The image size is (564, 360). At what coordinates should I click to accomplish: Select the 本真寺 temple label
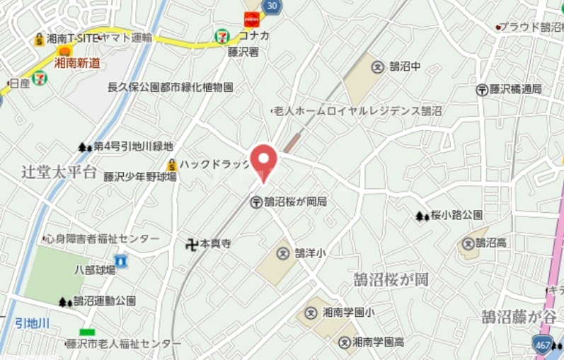pyautogui.click(x=215, y=244)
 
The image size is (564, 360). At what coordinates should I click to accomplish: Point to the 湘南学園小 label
pyautogui.click(x=348, y=312)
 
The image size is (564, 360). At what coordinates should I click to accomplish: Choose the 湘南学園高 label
pyautogui.click(x=378, y=342)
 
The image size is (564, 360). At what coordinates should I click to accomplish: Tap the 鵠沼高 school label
pyautogui.click(x=490, y=243)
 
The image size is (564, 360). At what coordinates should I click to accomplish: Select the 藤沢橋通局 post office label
pyautogui.click(x=515, y=90)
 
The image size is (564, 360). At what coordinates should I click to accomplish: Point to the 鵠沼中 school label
pyautogui.click(x=405, y=66)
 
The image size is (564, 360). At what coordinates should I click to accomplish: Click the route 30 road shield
pyautogui.click(x=273, y=5)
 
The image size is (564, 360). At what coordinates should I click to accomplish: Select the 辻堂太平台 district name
pyautogui.click(x=58, y=172)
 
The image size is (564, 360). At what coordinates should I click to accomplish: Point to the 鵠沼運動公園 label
pyautogui.click(x=104, y=301)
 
